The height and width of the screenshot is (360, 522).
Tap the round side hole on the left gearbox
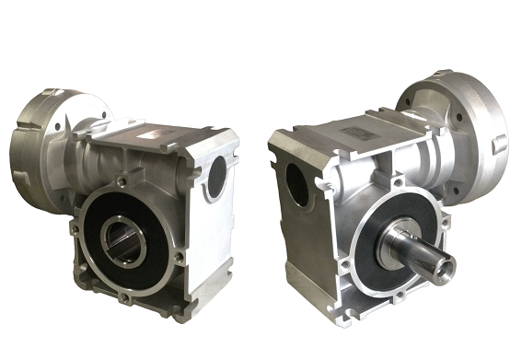tap(216, 175)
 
